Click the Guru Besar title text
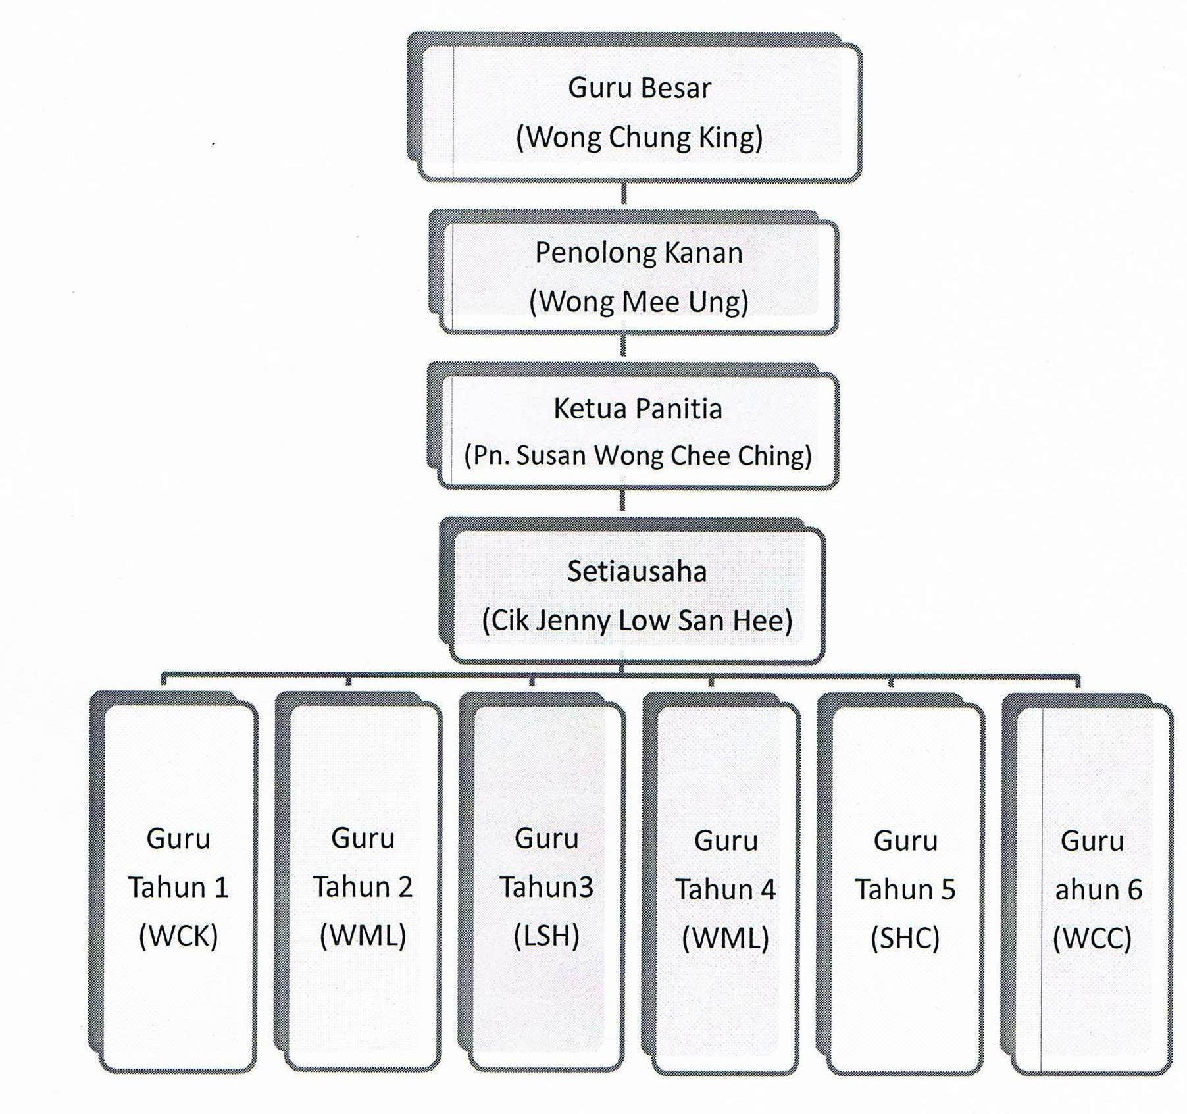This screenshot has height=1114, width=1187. pos(640,88)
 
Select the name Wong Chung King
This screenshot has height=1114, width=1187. pos(640,138)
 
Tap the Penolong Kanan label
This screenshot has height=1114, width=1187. pos(639,253)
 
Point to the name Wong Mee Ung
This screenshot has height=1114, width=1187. pos(639,302)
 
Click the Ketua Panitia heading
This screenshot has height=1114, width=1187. pos(638,409)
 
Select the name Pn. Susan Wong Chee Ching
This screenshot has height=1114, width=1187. pos(638,456)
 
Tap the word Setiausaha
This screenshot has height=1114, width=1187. pos(637,571)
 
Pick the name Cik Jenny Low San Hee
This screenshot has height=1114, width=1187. pos(637,620)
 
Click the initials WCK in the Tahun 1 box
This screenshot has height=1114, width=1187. pos(178,936)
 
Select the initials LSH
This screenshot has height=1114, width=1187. pos(546,936)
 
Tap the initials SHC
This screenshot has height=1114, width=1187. pos(905,938)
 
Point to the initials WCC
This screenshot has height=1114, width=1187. pos(1092,938)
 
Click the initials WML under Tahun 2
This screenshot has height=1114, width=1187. pos(363,936)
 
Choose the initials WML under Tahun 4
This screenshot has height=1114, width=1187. pos(726,938)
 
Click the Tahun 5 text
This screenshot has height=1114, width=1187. pos(905,890)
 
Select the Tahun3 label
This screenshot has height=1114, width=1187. pos(546,887)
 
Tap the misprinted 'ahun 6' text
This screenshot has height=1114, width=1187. pos(1098,890)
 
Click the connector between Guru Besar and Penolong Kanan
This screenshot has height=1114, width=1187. pos(624,193)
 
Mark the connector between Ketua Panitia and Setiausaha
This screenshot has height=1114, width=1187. pos(622,500)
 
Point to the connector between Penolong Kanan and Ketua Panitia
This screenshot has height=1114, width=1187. pos(623,345)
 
